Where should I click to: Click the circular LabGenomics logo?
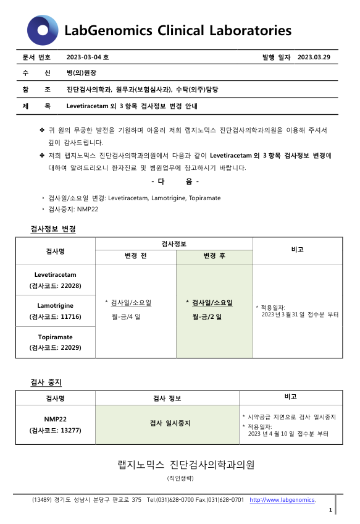(43, 30)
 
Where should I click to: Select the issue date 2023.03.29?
(314, 57)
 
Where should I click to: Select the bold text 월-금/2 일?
(209, 316)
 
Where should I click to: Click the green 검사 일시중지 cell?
(170, 423)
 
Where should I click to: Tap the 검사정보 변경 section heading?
(53, 229)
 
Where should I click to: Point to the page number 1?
(330, 510)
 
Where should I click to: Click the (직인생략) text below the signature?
(180, 478)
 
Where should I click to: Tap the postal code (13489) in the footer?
(43, 499)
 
